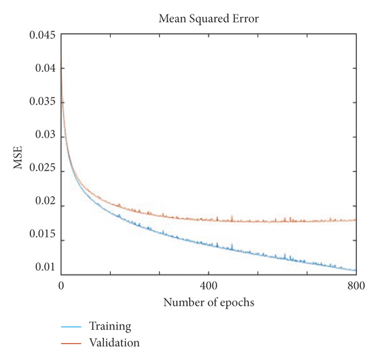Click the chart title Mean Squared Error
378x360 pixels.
tap(209, 19)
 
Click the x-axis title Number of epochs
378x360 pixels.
tap(209, 303)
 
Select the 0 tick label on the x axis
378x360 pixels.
tap(61, 285)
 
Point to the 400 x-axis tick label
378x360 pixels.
tap(209, 285)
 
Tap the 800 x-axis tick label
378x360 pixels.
tap(356, 285)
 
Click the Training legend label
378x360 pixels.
tap(110, 327)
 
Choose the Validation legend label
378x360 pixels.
tap(114, 343)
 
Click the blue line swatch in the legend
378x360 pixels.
tap(72, 327)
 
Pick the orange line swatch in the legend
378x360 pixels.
tap(72, 344)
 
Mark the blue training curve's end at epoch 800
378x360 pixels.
tap(356, 270)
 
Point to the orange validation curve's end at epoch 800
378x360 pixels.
tap(356, 220)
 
